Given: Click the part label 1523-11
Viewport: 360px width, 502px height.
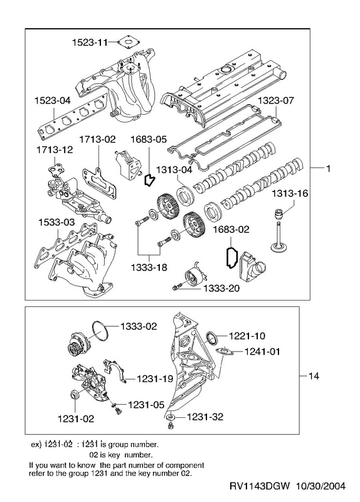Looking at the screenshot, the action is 90,42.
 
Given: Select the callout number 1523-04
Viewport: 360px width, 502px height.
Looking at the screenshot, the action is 53,100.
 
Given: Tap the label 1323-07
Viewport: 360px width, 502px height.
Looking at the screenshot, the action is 275,100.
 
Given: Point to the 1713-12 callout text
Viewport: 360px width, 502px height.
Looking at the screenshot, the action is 55,149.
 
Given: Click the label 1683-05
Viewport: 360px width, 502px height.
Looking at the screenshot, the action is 149,139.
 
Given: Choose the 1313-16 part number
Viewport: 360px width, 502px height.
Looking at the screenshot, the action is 290,193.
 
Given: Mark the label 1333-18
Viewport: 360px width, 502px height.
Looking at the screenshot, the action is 149,267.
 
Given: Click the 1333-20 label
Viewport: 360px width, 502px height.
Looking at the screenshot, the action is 221,289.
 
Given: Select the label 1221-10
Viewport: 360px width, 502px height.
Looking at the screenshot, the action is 247,336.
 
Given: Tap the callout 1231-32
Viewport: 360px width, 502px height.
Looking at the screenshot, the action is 205,417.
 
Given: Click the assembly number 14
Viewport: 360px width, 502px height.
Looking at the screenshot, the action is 314,376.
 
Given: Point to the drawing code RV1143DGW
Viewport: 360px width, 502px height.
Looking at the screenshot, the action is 260,486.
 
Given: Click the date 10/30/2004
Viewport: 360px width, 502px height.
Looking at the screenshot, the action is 320,486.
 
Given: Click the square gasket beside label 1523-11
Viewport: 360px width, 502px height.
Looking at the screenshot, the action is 129,42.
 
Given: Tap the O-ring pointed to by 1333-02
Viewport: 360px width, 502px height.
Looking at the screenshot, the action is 100,331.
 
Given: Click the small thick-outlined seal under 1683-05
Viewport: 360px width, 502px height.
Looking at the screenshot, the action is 149,180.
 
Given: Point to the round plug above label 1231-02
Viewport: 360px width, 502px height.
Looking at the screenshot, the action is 75,395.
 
